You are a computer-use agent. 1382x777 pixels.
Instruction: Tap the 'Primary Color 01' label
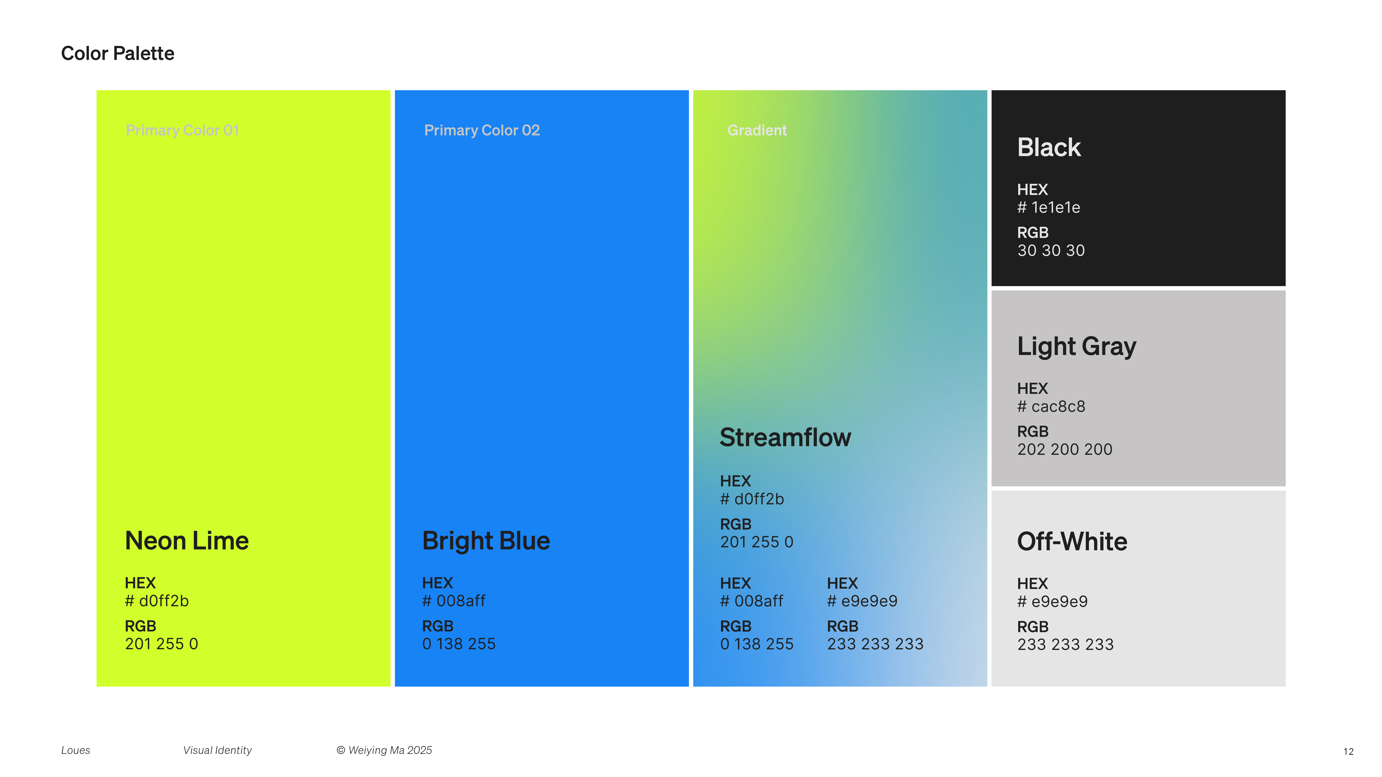[x=182, y=130]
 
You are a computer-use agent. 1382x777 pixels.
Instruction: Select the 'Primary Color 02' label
[x=482, y=130]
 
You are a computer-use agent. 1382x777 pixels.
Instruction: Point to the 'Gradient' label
[x=757, y=130]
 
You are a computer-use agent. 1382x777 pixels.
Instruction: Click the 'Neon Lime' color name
[x=187, y=540]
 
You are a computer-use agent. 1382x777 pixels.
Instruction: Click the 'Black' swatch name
[x=1049, y=147]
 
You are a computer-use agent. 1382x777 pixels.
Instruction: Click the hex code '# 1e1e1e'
[x=1049, y=208]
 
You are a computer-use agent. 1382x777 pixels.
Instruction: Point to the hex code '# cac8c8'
[x=1051, y=406]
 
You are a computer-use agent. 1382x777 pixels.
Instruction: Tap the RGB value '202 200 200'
[x=1065, y=449]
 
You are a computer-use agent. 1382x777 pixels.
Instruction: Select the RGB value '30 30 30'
[x=1051, y=250]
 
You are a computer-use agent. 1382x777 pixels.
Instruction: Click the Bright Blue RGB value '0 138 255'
[x=459, y=644]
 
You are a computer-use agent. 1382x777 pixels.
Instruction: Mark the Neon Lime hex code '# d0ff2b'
[x=157, y=601]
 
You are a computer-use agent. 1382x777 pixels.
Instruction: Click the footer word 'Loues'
[x=76, y=750]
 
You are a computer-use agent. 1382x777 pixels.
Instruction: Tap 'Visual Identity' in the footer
[x=217, y=750]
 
